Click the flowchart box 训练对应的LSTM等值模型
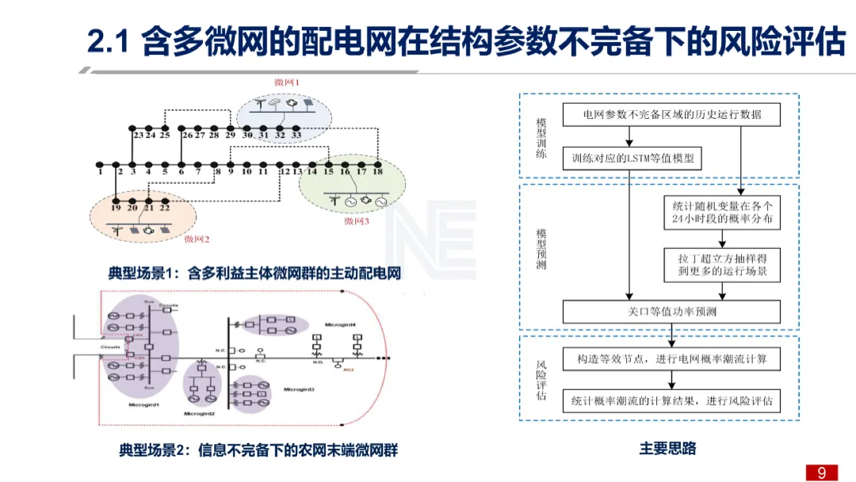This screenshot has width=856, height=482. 632,159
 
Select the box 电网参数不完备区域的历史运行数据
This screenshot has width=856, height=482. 671,114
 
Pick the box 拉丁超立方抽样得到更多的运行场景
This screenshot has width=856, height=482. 721,266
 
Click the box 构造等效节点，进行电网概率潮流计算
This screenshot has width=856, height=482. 671,359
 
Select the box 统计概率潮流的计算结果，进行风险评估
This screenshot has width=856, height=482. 671,401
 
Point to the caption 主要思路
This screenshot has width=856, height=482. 667,449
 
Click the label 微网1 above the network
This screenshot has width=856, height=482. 287,82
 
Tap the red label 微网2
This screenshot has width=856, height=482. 197,238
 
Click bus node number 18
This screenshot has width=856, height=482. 378,171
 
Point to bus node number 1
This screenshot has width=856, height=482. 100,171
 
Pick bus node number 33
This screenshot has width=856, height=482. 296,136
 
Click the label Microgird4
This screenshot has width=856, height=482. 340,325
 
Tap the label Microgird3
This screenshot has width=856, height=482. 299,389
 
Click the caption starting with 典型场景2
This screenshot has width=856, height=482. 258,450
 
